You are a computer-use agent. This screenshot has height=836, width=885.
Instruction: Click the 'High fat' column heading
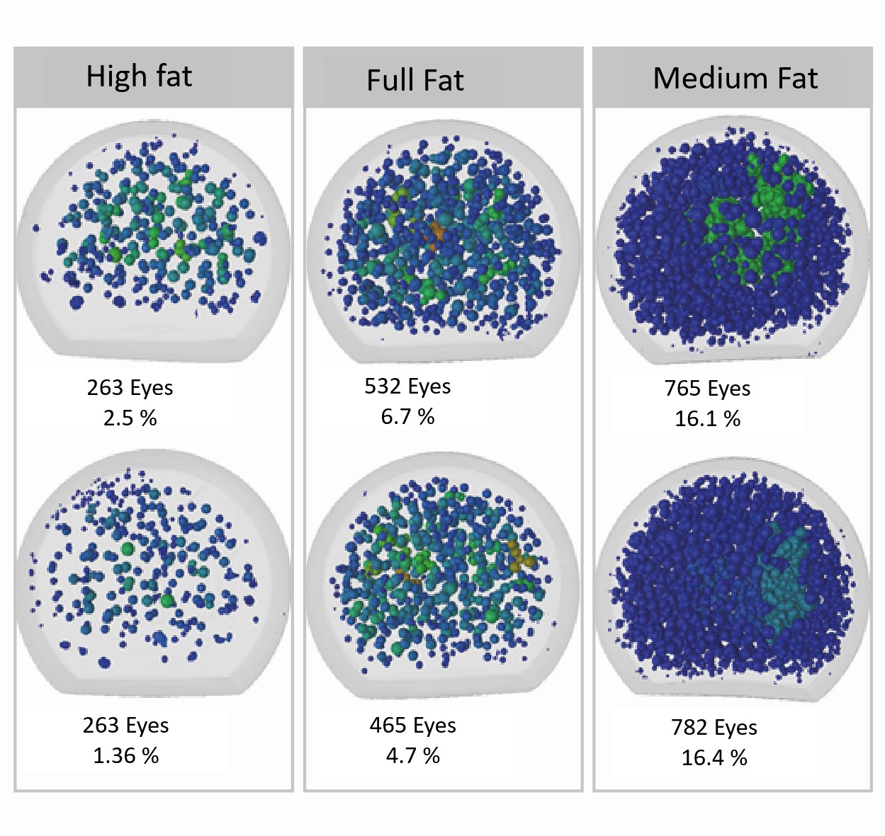click(x=139, y=76)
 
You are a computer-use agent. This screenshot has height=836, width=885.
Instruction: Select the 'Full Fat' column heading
click(x=415, y=80)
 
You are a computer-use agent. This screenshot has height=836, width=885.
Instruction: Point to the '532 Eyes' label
click(x=407, y=386)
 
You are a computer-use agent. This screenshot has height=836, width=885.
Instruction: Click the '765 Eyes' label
click(x=707, y=389)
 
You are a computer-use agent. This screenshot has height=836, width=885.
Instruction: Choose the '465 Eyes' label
click(x=412, y=726)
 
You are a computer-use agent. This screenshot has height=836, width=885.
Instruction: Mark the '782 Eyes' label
click(x=714, y=728)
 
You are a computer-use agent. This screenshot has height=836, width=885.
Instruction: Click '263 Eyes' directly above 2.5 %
click(x=130, y=388)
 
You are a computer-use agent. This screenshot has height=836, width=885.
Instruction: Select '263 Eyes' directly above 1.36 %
click(x=125, y=726)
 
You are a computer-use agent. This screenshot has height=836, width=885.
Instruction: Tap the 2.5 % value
click(x=130, y=418)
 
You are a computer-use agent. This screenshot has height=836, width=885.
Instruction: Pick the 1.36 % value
click(x=125, y=756)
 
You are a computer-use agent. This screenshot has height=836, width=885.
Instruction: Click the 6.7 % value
click(x=407, y=417)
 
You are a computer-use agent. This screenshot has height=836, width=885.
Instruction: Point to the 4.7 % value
click(x=412, y=756)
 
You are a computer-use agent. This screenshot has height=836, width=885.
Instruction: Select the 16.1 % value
click(x=707, y=419)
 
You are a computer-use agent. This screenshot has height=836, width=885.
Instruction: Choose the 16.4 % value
click(x=714, y=758)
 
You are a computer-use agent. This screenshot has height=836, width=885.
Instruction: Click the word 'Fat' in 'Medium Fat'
click(x=798, y=78)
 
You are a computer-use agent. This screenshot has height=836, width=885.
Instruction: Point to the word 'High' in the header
click(x=115, y=76)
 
